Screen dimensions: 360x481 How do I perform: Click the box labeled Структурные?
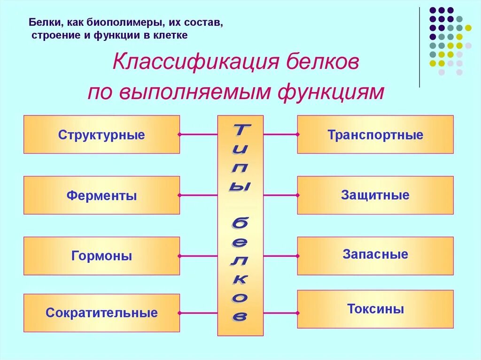101,135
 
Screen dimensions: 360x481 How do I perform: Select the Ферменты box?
101,195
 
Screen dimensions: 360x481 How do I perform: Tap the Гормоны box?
101,256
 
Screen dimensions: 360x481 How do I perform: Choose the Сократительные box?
101,313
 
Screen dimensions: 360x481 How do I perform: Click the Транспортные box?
375,135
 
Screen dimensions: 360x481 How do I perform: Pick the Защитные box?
375,195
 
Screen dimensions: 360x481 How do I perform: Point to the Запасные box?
375,255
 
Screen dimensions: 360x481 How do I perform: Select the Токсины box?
375,309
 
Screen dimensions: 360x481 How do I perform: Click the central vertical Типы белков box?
240,225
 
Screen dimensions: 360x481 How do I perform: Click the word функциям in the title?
332,92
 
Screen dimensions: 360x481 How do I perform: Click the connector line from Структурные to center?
198,135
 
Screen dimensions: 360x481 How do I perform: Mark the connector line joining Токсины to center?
280,312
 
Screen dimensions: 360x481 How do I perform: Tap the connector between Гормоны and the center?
198,256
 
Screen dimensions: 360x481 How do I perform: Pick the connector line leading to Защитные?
280,195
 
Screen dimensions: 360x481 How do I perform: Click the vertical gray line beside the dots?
419,47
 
